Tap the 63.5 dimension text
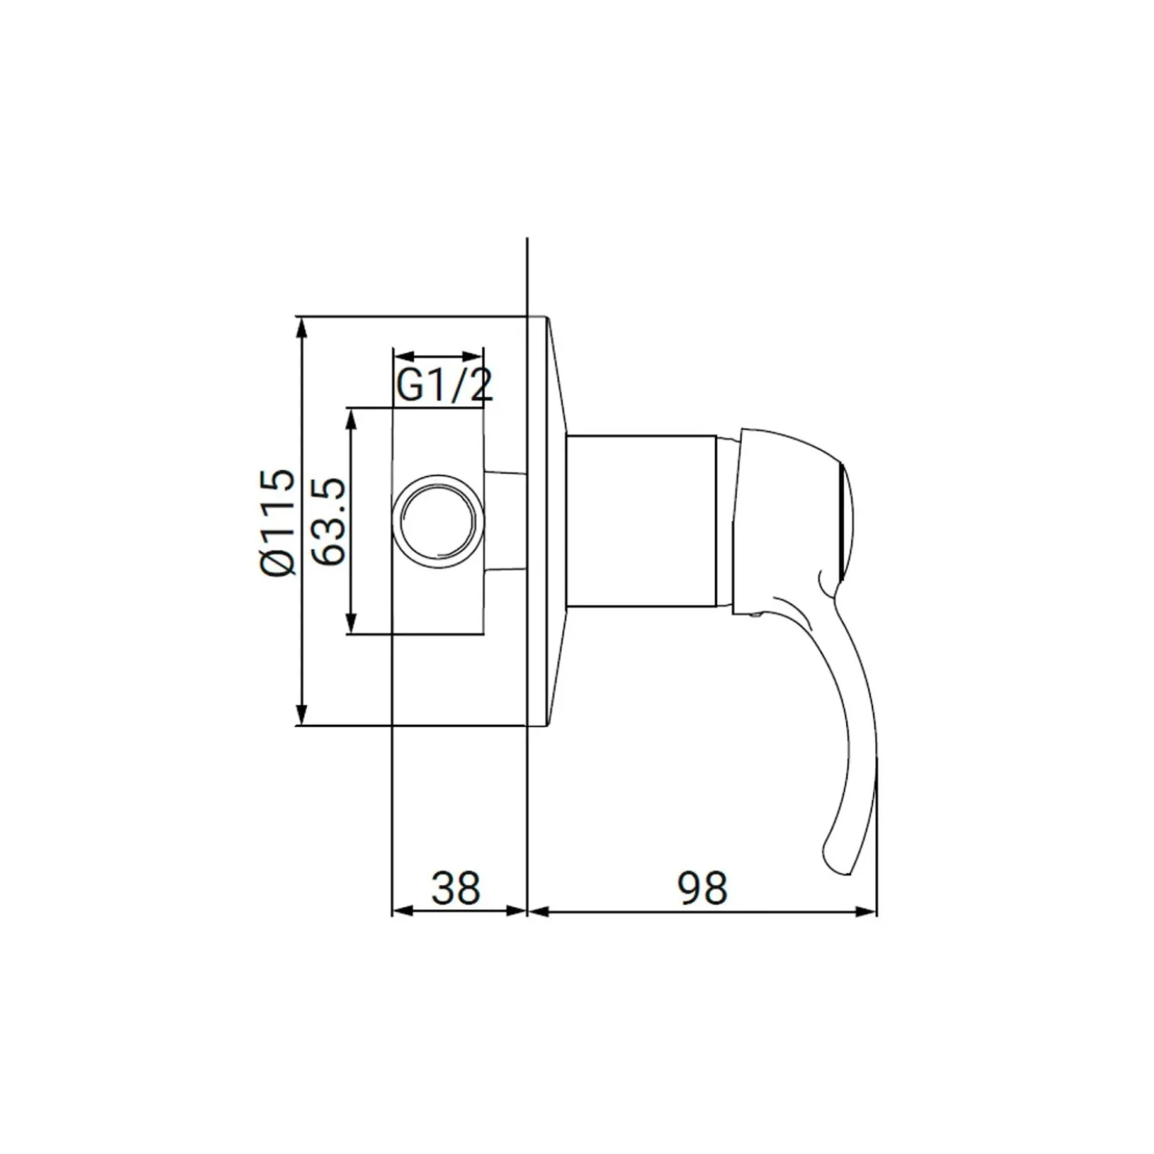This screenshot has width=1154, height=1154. tap(328, 521)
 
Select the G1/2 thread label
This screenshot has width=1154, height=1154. tap(444, 385)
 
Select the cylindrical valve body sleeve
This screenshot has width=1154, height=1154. tap(642, 521)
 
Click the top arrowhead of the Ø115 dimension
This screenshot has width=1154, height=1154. tap(303, 328)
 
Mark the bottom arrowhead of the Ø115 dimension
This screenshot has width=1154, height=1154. tap(303, 714)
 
